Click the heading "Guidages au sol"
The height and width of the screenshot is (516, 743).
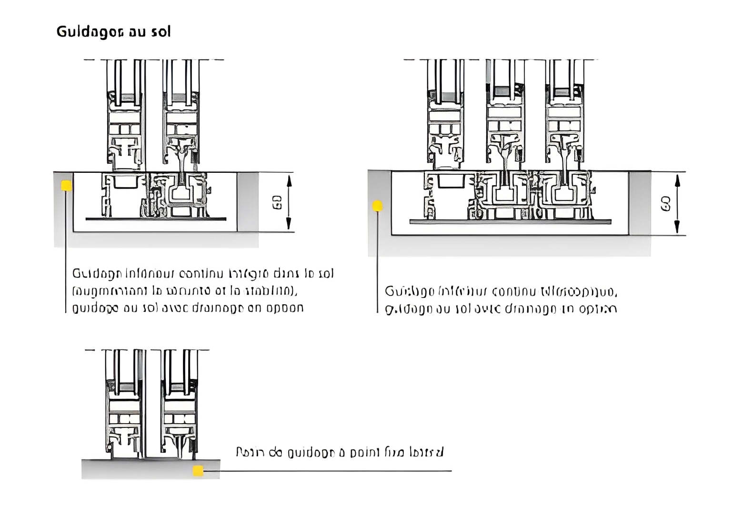pyautogui.click(x=113, y=32)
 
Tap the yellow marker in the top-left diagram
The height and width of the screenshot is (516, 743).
pyautogui.click(x=66, y=186)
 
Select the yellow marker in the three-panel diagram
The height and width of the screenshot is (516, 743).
pyautogui.click(x=377, y=206)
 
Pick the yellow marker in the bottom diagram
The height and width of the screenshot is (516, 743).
pyautogui.click(x=198, y=471)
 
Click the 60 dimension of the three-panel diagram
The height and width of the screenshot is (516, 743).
pyautogui.click(x=666, y=204)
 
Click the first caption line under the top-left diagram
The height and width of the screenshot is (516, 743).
pyautogui.click(x=203, y=274)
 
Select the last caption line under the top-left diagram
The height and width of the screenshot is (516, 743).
pyautogui.click(x=188, y=308)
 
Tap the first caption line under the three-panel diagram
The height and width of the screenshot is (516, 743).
pyautogui.click(x=501, y=291)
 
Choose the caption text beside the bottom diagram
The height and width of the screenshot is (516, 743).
pyautogui.click(x=340, y=452)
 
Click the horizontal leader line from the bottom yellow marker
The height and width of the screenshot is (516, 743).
pyautogui.click(x=329, y=471)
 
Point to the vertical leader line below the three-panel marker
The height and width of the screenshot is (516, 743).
pyautogui.click(x=377, y=262)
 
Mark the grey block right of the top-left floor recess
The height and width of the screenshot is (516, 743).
pyautogui.click(x=248, y=202)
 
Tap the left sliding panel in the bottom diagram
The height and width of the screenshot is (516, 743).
pyautogui.click(x=124, y=405)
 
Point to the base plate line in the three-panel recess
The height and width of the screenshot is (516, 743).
pyautogui.click(x=510, y=222)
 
